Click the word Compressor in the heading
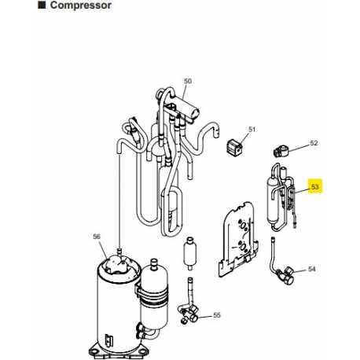(81, 5)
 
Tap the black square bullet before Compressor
(42, 5)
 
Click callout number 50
(188, 81)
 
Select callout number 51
(252, 129)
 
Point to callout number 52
(314, 143)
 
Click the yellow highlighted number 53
(314, 187)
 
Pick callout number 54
(311, 269)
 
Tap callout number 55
(217, 315)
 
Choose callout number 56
(97, 237)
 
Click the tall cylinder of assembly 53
(273, 201)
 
